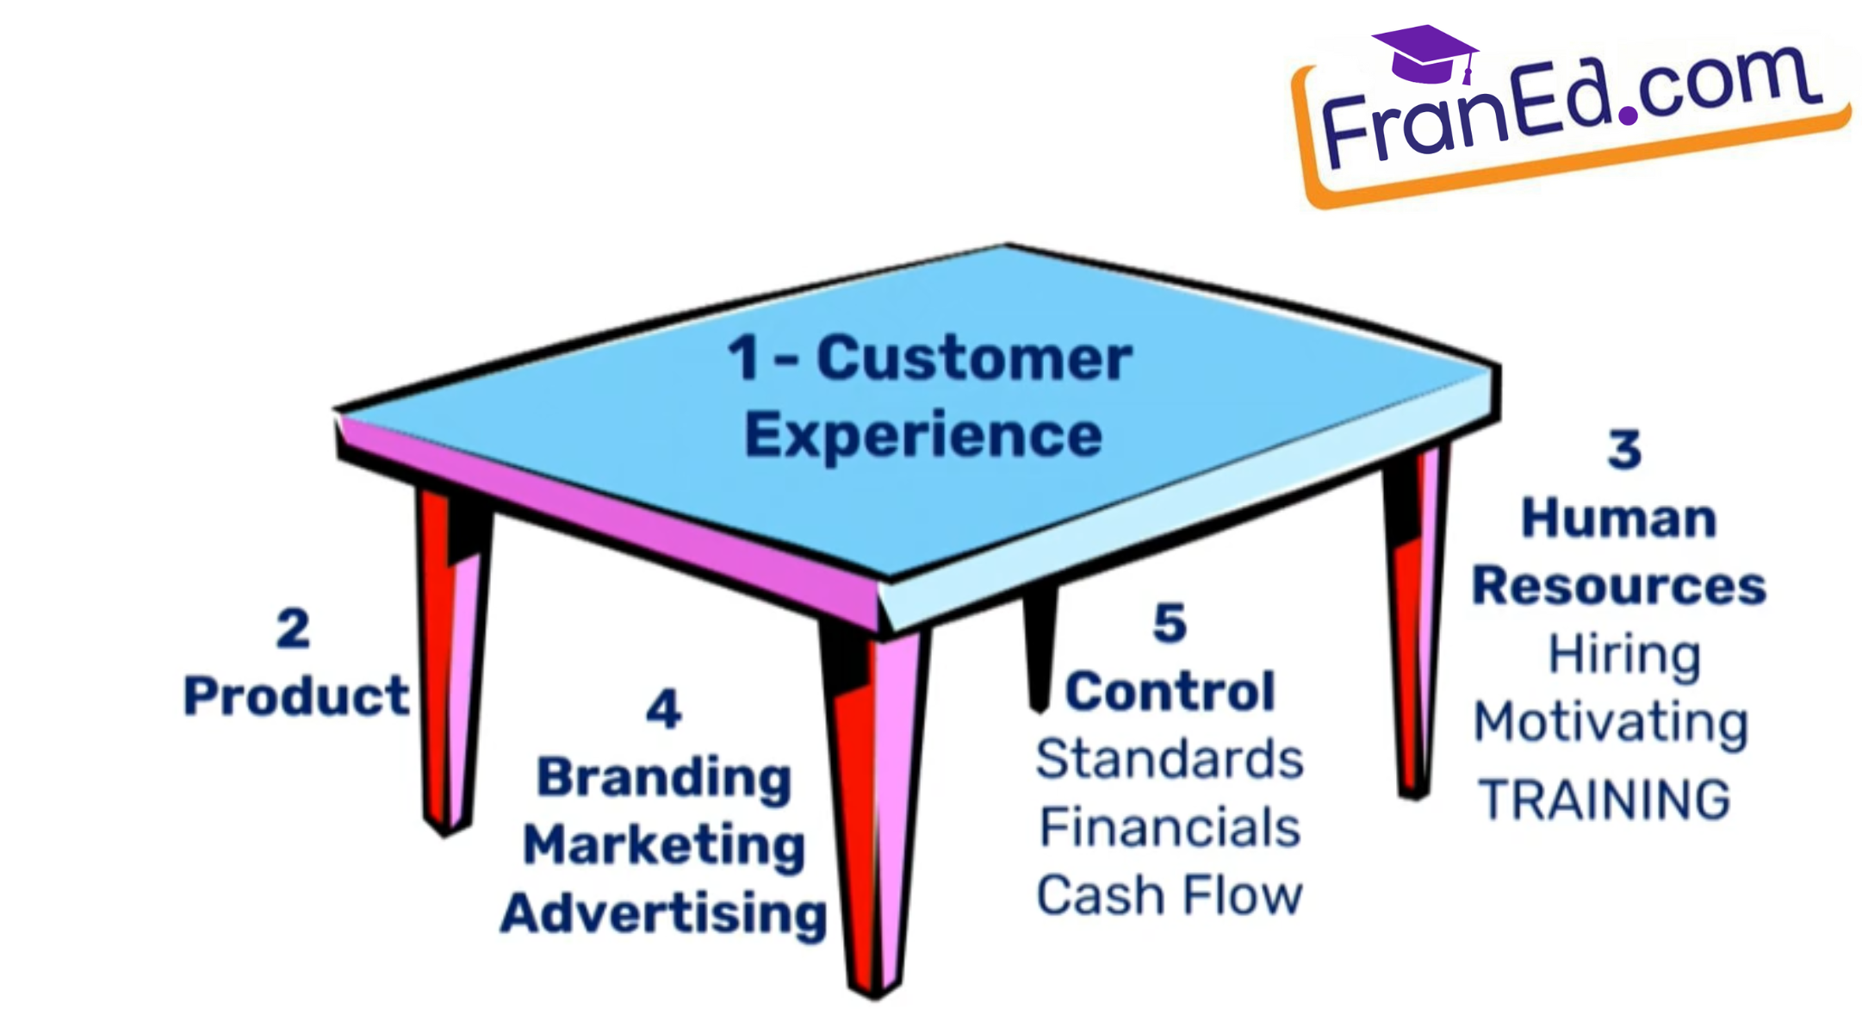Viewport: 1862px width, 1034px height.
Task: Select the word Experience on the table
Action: (923, 435)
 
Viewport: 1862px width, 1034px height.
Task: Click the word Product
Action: (295, 695)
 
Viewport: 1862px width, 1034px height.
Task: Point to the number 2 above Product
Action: (293, 628)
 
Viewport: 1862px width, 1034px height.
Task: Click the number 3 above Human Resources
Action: (1624, 450)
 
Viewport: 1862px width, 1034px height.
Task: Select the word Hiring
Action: (1624, 655)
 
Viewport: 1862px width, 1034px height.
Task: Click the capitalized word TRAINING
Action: (1604, 800)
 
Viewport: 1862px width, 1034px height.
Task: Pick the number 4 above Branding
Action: (664, 710)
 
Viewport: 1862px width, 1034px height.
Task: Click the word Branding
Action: (664, 778)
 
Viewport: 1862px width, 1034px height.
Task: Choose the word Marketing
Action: (664, 845)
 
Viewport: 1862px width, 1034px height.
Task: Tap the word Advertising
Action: (664, 913)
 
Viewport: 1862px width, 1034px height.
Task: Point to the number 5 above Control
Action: (1170, 623)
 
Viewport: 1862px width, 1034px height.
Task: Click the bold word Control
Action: (1170, 691)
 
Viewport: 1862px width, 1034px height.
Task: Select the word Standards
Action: (1170, 759)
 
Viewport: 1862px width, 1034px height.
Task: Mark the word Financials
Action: (1170, 827)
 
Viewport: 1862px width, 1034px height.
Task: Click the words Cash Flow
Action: (1170, 895)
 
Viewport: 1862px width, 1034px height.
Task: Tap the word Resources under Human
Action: (1619, 586)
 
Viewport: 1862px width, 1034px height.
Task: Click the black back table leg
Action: (1040, 646)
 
